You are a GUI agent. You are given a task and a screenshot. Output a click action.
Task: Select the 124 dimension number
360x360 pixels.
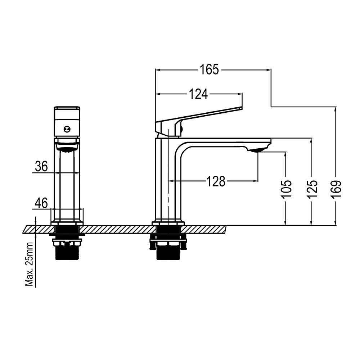[199, 94]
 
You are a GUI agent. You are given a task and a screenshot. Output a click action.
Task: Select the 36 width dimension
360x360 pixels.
[41, 166]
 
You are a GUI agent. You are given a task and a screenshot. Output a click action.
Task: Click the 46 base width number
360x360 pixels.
[41, 203]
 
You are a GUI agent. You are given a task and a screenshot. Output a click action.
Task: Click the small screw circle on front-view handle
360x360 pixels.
[67, 130]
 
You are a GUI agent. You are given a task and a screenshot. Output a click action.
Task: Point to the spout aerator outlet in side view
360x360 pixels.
[258, 150]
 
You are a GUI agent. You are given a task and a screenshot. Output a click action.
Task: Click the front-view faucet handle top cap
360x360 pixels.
[67, 108]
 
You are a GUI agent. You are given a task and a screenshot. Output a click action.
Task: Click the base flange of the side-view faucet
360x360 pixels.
[168, 222]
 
